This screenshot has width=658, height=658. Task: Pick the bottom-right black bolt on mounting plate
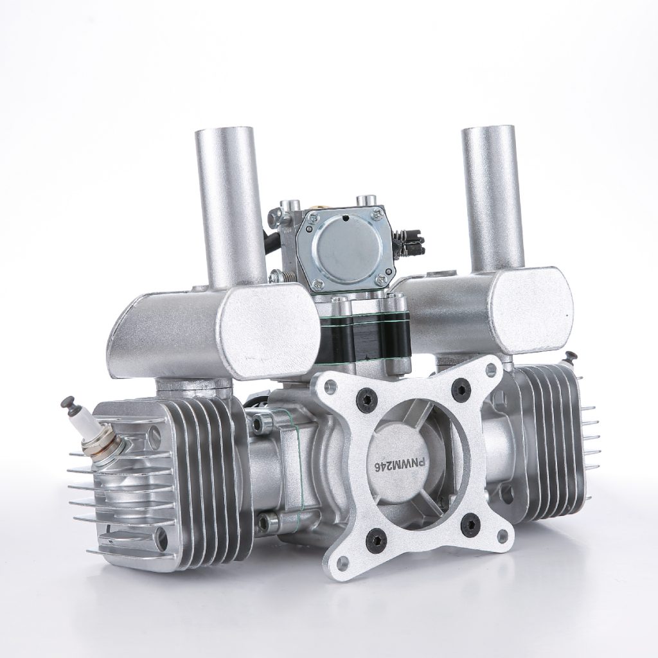470,523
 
